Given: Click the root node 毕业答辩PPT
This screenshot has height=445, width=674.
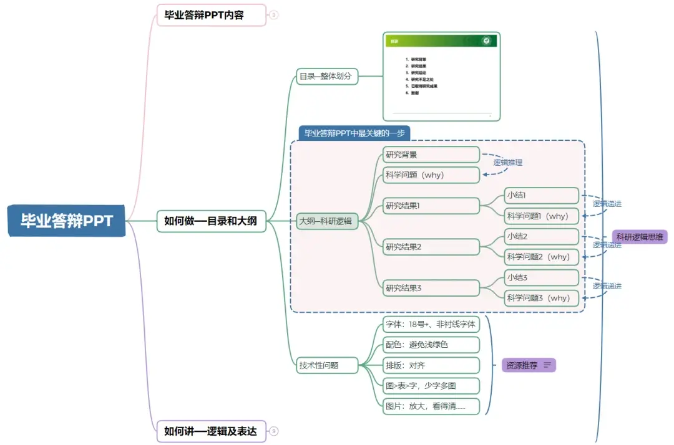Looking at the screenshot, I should click(x=67, y=221).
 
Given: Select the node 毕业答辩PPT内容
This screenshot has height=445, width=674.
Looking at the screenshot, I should click(x=212, y=15).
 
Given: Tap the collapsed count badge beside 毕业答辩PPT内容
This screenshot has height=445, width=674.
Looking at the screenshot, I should click(x=273, y=15).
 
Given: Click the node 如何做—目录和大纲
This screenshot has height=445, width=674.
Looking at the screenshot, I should click(x=211, y=221).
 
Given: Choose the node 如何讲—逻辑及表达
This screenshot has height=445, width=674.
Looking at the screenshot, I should click(x=211, y=431).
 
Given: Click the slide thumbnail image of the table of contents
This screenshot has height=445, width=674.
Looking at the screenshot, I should click(x=441, y=76).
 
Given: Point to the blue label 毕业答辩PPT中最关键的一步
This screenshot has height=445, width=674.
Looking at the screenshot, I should click(x=354, y=133).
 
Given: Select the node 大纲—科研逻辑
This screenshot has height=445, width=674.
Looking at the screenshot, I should click(x=326, y=221).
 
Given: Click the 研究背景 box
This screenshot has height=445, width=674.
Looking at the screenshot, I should click(x=431, y=155).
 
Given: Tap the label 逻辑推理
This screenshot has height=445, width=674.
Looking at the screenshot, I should click(x=507, y=163).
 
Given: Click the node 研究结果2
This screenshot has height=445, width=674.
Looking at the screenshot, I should click(x=431, y=247).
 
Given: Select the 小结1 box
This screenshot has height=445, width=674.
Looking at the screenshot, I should click(x=542, y=196).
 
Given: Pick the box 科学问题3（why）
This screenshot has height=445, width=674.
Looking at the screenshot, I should click(x=542, y=298).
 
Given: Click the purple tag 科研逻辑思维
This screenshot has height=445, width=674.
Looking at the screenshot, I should click(x=641, y=236).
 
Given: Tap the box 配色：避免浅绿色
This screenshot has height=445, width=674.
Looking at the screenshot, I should click(x=431, y=345).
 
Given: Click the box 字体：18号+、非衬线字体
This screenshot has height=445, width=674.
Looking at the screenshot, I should click(x=431, y=324).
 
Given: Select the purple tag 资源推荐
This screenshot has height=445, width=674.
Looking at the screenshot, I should click(x=529, y=365).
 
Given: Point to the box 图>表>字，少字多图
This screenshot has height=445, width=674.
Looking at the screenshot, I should click(x=431, y=386).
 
